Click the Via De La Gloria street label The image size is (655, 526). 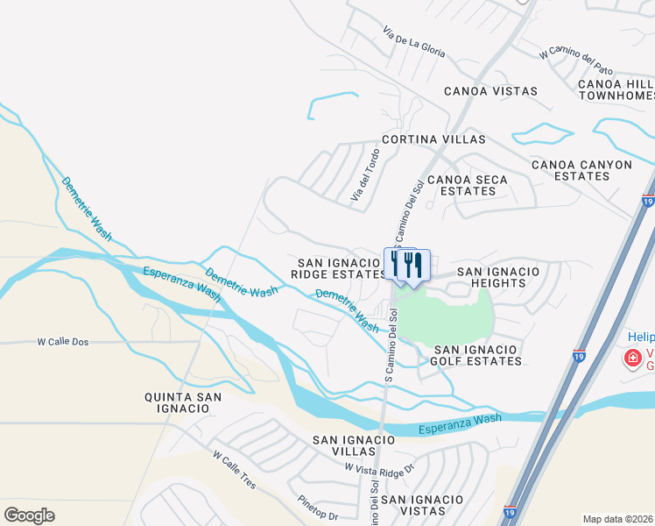click(x=413, y=43)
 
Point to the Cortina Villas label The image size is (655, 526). click(x=433, y=139)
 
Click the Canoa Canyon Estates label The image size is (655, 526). click(x=581, y=170)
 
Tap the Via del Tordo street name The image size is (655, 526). click(x=365, y=178)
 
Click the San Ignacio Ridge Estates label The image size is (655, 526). click(x=339, y=268)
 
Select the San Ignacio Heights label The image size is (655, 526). click(x=498, y=278)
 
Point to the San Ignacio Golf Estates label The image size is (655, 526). click(x=477, y=355)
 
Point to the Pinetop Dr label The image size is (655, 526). click(x=317, y=510)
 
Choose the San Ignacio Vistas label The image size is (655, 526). click(x=421, y=505)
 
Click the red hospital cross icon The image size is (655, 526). click(x=631, y=358)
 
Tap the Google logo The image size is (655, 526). click(x=29, y=515)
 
